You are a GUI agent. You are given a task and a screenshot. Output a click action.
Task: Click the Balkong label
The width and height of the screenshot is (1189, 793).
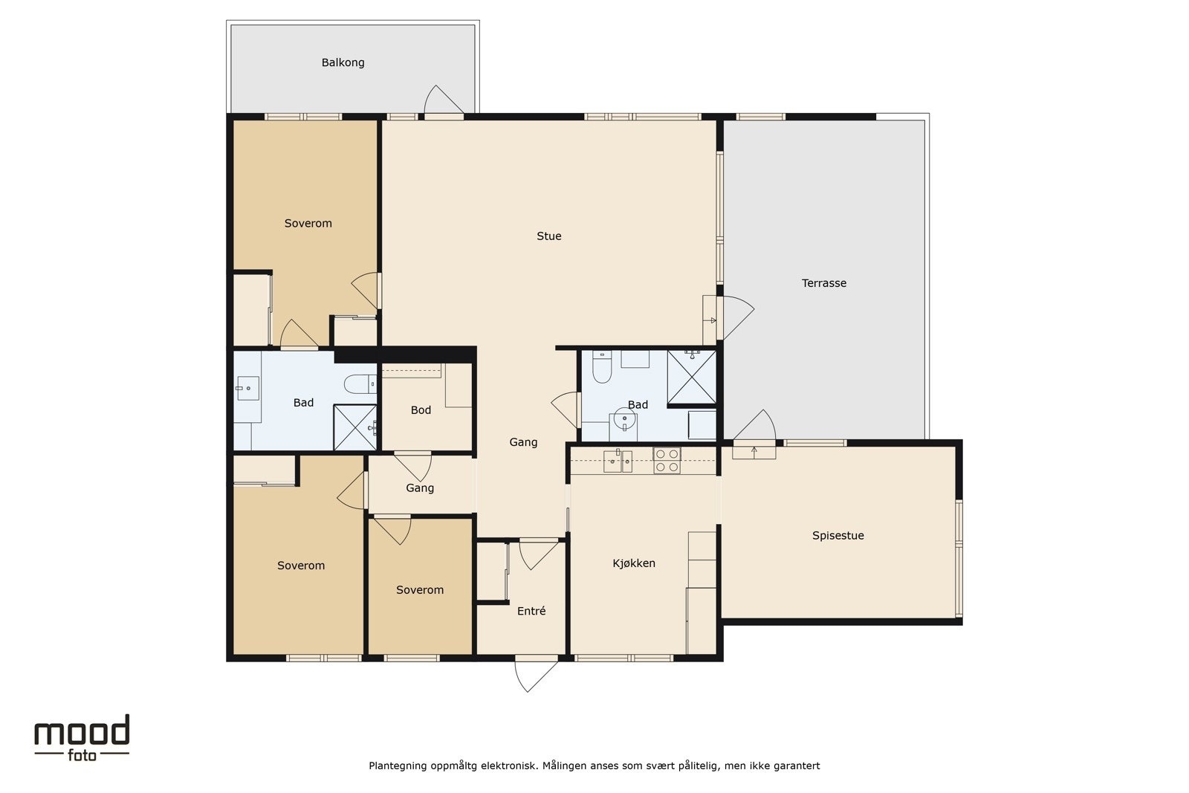(x=343, y=62)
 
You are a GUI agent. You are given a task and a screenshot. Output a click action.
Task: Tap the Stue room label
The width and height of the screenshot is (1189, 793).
(x=549, y=236)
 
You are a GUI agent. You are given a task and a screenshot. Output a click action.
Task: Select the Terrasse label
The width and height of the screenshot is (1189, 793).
(x=824, y=283)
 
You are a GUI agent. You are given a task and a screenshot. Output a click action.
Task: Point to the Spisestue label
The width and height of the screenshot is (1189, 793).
(x=838, y=536)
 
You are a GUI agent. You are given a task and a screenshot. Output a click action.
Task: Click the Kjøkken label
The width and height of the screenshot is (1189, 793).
(x=634, y=563)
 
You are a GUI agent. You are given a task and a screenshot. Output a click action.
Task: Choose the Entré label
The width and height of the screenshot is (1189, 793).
(x=531, y=611)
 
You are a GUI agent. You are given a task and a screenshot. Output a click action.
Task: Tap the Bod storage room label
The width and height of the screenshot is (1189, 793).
(x=421, y=410)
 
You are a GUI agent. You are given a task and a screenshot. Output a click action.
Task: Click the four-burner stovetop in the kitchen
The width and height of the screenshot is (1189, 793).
(x=667, y=461)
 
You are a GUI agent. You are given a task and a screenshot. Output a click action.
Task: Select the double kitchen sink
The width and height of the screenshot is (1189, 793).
(x=618, y=461)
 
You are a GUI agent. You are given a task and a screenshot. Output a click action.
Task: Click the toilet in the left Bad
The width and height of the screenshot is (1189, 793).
(x=360, y=383)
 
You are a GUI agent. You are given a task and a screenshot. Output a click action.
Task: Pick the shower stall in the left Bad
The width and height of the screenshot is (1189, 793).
(x=355, y=427)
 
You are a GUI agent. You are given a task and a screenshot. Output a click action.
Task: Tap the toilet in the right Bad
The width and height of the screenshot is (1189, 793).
(x=602, y=366)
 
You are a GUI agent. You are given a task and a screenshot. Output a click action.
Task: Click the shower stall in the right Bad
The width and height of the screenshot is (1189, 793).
(x=692, y=377)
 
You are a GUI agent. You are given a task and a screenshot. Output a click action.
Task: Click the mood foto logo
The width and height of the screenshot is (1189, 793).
(x=82, y=738)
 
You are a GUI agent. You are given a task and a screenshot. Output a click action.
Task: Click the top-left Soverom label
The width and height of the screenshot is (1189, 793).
(x=308, y=224)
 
